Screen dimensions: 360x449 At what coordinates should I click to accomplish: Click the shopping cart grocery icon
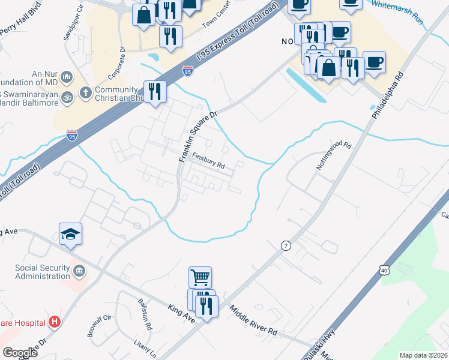tap(200, 277)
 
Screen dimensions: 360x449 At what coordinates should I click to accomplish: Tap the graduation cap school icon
tap(70, 234)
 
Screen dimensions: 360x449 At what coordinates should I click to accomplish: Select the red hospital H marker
tap(55, 323)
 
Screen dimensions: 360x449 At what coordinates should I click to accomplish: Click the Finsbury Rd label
tap(208, 160)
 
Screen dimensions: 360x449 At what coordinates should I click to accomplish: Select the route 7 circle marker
tap(286, 245)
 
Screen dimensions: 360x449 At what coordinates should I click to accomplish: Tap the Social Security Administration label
tap(42, 271)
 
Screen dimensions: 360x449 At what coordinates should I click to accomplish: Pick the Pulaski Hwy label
tap(318, 347)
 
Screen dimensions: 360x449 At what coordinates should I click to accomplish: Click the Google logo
tap(20, 353)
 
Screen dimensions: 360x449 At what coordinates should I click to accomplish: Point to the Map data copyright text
tap(423, 355)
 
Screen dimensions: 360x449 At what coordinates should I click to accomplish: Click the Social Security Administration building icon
tap(79, 272)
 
